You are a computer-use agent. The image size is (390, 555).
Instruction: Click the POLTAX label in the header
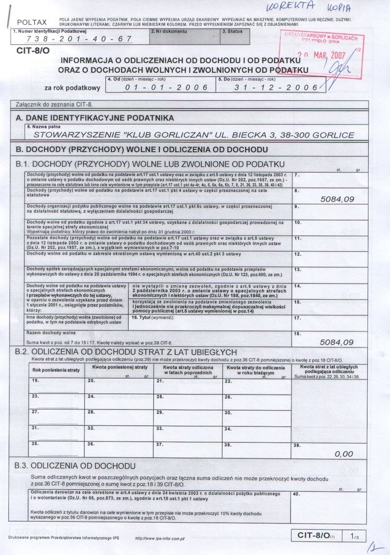tap(31, 22)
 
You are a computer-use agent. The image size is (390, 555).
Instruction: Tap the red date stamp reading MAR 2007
tap(322, 56)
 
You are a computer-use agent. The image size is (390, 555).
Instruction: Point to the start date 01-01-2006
tap(162, 88)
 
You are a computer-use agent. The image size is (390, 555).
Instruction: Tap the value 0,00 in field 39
tap(344, 454)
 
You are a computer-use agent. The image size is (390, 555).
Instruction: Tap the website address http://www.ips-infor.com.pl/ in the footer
tap(159, 538)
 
